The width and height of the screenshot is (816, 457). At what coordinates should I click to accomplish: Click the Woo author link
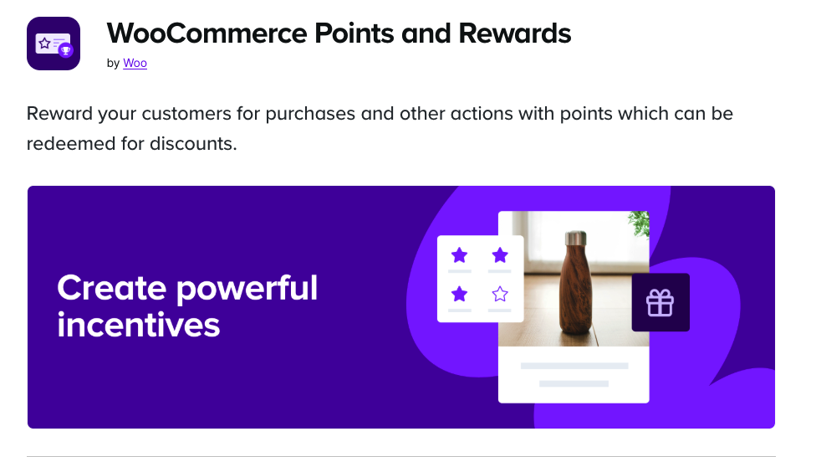pyautogui.click(x=135, y=63)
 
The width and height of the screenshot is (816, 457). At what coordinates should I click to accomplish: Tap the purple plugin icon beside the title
pyautogui.click(x=54, y=44)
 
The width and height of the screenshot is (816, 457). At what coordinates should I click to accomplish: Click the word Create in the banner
pyautogui.click(x=112, y=289)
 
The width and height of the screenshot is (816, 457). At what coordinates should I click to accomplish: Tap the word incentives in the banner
pyautogui.click(x=139, y=325)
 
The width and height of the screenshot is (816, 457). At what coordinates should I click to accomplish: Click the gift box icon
pyautogui.click(x=660, y=302)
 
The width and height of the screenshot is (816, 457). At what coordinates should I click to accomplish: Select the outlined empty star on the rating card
pyautogui.click(x=500, y=294)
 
